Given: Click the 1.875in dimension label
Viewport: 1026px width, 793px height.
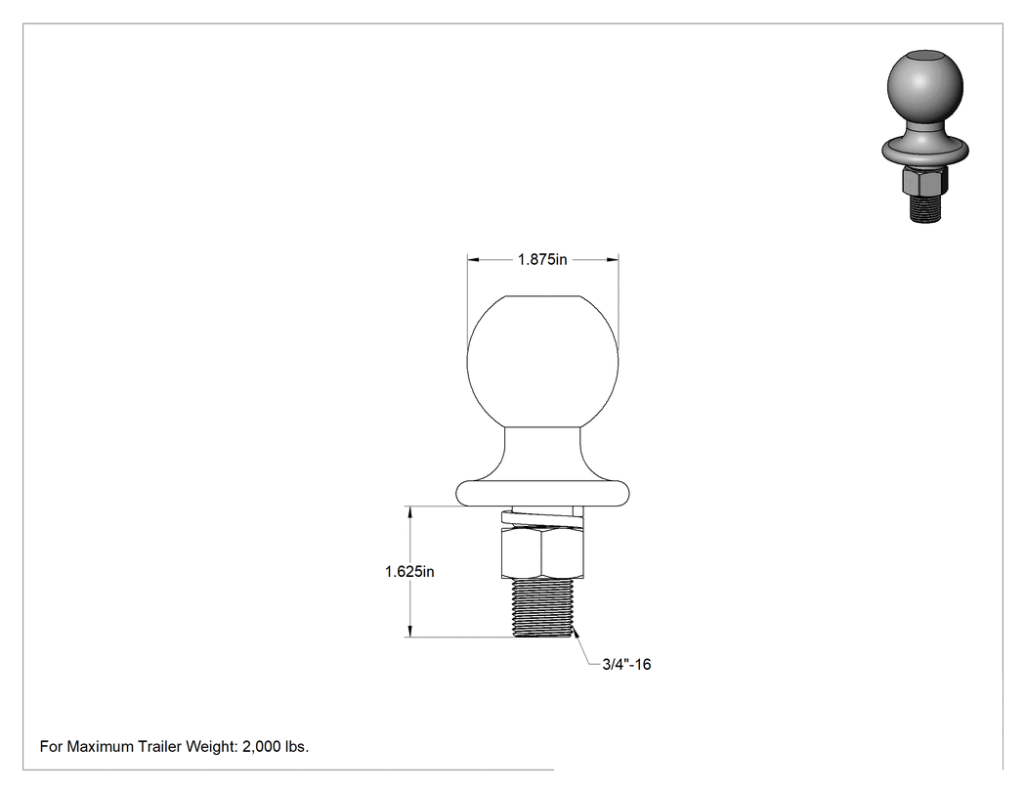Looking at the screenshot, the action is click(542, 259).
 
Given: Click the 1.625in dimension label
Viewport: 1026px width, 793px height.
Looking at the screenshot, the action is click(409, 572).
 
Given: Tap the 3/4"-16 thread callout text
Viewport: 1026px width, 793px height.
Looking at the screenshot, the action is click(626, 665).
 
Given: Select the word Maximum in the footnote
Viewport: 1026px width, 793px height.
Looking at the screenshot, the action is click(101, 746).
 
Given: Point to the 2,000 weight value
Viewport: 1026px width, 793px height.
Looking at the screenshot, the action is click(258, 747).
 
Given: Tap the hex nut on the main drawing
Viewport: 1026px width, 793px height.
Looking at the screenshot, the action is click(542, 553).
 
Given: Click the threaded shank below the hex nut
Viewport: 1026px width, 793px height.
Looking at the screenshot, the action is click(542, 607).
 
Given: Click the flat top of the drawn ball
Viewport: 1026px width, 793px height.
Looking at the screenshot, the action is click(542, 296).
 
